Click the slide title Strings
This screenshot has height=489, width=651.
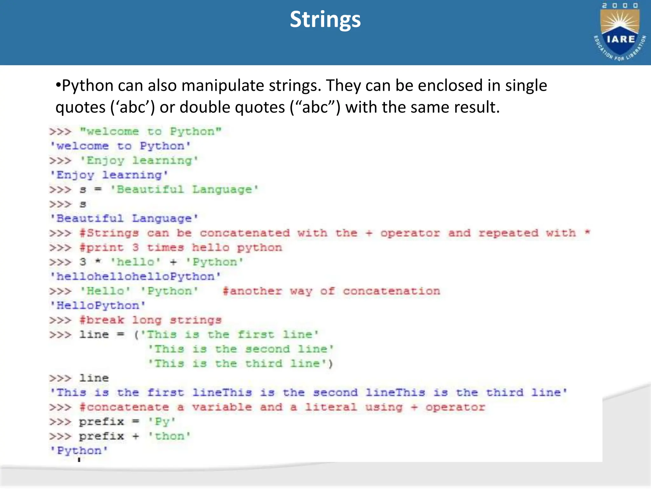point(325,20)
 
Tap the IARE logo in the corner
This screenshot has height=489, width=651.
point(620,32)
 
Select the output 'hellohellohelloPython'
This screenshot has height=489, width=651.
point(135,277)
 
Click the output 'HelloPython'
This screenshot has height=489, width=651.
point(98,306)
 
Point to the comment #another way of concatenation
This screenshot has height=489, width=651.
point(331,291)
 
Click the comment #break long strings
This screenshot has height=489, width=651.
point(151,320)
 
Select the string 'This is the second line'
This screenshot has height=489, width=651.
point(241,349)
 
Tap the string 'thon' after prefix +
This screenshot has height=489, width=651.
point(170,436)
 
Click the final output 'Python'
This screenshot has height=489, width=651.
point(79,451)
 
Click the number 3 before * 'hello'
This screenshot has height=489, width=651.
point(83,262)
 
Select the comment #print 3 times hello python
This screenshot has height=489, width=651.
point(181,248)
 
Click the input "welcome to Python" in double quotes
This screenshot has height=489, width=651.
point(151,131)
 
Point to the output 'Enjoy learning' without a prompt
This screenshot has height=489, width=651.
point(109,175)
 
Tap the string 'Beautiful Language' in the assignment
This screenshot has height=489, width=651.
point(184,190)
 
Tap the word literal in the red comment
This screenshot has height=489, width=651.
point(331,407)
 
